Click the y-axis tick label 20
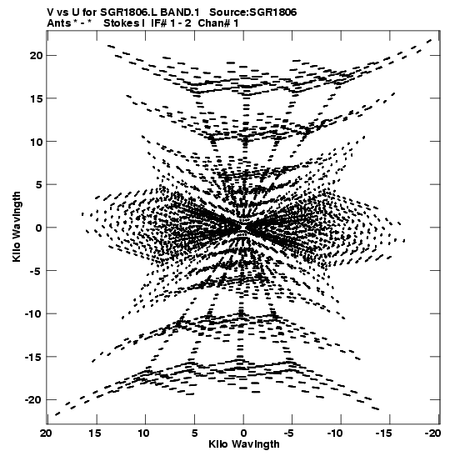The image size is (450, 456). pos(37,55)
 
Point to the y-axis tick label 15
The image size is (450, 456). pos(37,98)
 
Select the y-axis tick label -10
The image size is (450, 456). pos(34,313)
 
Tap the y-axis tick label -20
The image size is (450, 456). pos(34,400)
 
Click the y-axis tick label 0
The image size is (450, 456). pos(39,228)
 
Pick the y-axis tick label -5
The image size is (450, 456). pos(37,271)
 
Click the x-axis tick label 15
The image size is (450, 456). pos(95,433)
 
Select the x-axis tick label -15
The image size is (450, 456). pos(385,433)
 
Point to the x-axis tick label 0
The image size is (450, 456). pos(243,433)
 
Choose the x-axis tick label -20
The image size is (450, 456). pos(432,433)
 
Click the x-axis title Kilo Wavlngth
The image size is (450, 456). pos(244,444)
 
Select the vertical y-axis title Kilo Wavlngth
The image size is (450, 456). pos(17,227)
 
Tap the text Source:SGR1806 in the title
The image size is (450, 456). pos(252,13)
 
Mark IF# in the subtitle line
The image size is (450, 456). pos(159,23)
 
